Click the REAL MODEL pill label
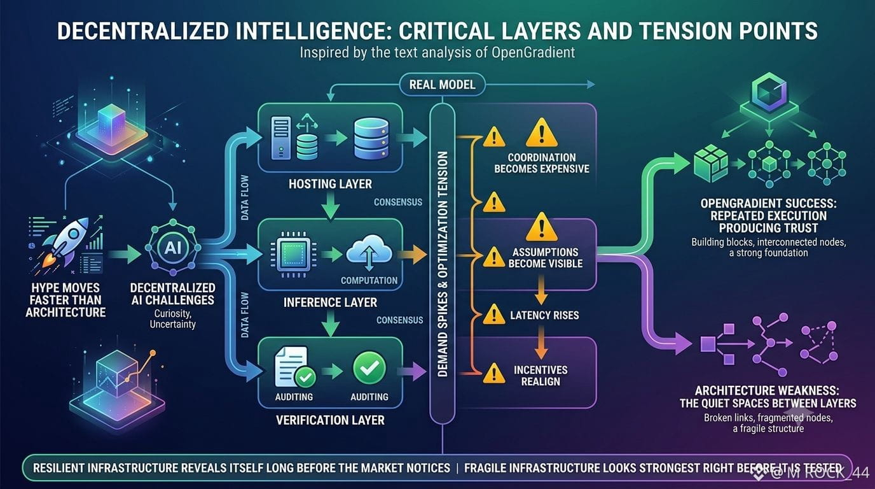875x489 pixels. (x=442, y=85)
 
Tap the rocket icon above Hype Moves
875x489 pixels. (x=65, y=244)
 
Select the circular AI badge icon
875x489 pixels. (x=173, y=247)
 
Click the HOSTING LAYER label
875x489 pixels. (x=330, y=184)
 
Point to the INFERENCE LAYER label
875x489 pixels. (x=330, y=302)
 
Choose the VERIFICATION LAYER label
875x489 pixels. (x=330, y=420)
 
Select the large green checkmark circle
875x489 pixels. (x=369, y=368)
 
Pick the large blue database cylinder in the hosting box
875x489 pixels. (x=371, y=139)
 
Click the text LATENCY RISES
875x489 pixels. (x=544, y=315)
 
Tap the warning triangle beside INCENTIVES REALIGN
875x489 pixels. (x=494, y=373)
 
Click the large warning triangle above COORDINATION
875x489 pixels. (x=541, y=132)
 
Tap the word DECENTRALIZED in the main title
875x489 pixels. (x=142, y=31)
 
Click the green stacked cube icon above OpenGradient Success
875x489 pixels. (x=711, y=164)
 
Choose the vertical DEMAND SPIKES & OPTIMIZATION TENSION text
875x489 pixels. (x=443, y=264)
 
